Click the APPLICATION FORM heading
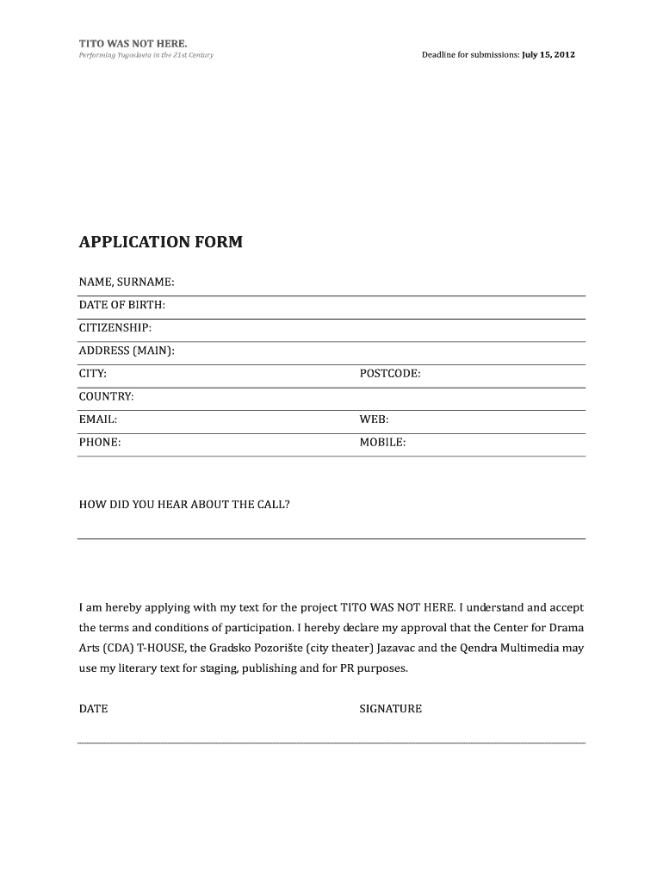click(x=161, y=242)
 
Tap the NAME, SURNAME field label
click(x=127, y=282)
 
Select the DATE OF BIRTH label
click(x=122, y=305)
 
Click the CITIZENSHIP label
click(x=115, y=327)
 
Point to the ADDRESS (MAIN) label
click(x=127, y=351)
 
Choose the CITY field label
click(x=93, y=374)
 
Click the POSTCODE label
click(x=390, y=374)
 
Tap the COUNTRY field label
click(x=107, y=396)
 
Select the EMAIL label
click(x=98, y=419)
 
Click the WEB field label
click(x=374, y=419)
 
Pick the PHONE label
click(x=100, y=443)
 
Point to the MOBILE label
click(x=382, y=443)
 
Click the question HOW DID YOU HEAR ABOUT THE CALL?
click(x=184, y=505)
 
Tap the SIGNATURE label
click(x=390, y=709)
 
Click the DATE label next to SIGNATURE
click(x=94, y=709)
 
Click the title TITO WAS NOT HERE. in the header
click(x=132, y=42)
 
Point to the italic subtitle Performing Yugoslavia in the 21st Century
click(x=146, y=55)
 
